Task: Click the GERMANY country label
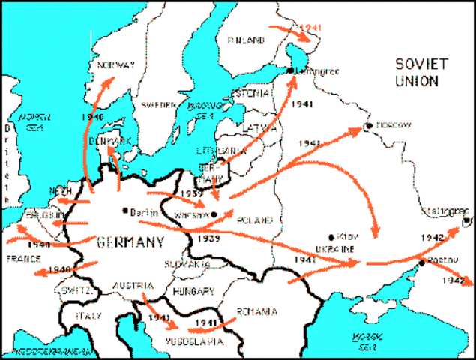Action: pos(130,241)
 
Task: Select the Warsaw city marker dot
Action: pos(214,214)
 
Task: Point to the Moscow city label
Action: pos(393,125)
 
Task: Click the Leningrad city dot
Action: pos(290,70)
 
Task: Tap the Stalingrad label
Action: pos(443,209)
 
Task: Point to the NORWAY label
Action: pos(116,65)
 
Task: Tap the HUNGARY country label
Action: pos(193,289)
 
